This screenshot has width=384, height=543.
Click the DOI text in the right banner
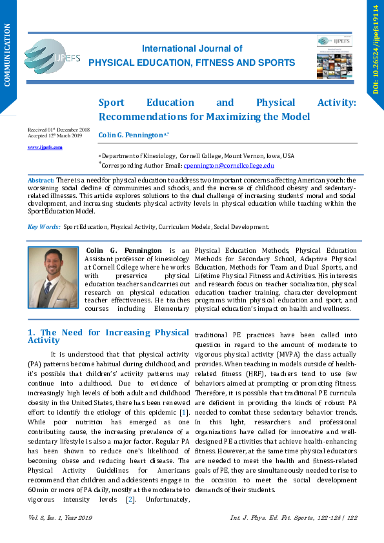pyautogui.click(x=376, y=49)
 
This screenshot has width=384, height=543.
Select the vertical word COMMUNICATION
pyautogui.click(x=8, y=55)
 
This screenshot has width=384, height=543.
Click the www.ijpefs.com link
pyautogui.click(x=45, y=147)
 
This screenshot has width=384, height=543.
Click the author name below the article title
pyautogui.click(x=132, y=135)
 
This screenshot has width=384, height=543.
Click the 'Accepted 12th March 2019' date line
pyautogui.click(x=55, y=136)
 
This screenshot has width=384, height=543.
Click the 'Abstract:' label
pyautogui.click(x=41, y=180)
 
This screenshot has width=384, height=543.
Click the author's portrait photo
pyautogui.click(x=53, y=277)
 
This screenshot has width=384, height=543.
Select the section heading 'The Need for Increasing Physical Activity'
pyautogui.click(x=108, y=336)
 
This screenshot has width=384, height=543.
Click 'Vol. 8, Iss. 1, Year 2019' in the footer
pyautogui.click(x=61, y=518)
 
